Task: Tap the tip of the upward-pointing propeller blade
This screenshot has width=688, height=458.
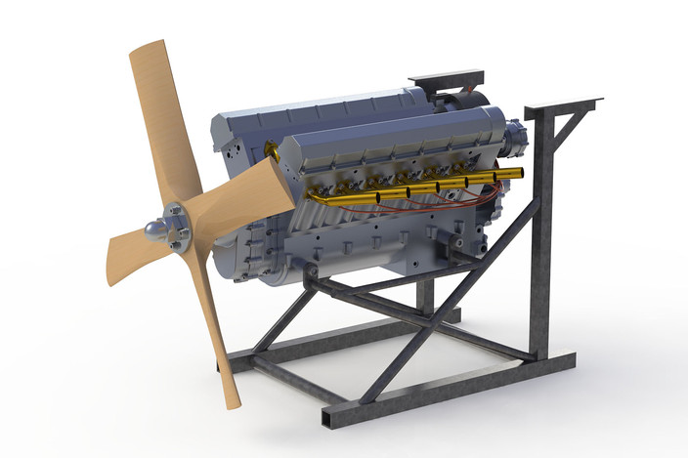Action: pos(146,50)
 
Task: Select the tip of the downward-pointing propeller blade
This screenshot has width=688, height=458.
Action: pos(230,401)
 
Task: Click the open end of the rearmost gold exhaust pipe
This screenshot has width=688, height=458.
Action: pos(519,173)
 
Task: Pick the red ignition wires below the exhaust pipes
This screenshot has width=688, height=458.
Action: pos(440,204)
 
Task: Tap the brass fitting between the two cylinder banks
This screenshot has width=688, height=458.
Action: pos(271,151)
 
